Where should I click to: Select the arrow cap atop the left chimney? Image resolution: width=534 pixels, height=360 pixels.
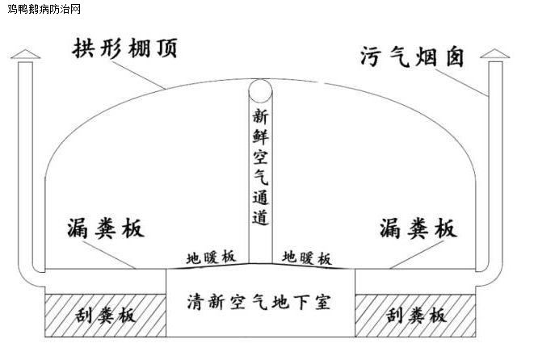(x=26, y=54)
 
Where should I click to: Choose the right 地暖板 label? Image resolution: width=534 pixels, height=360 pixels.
(x=306, y=257)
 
